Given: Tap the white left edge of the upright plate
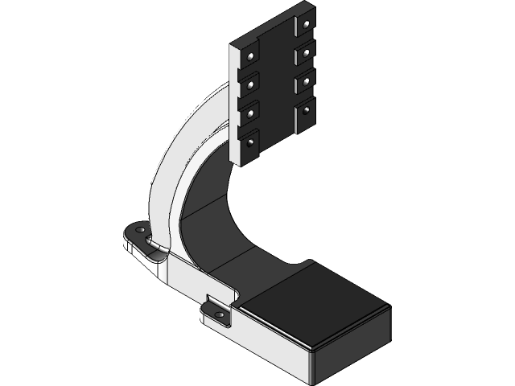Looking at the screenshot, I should point(234,105).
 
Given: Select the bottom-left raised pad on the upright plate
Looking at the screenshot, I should point(250,145).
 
